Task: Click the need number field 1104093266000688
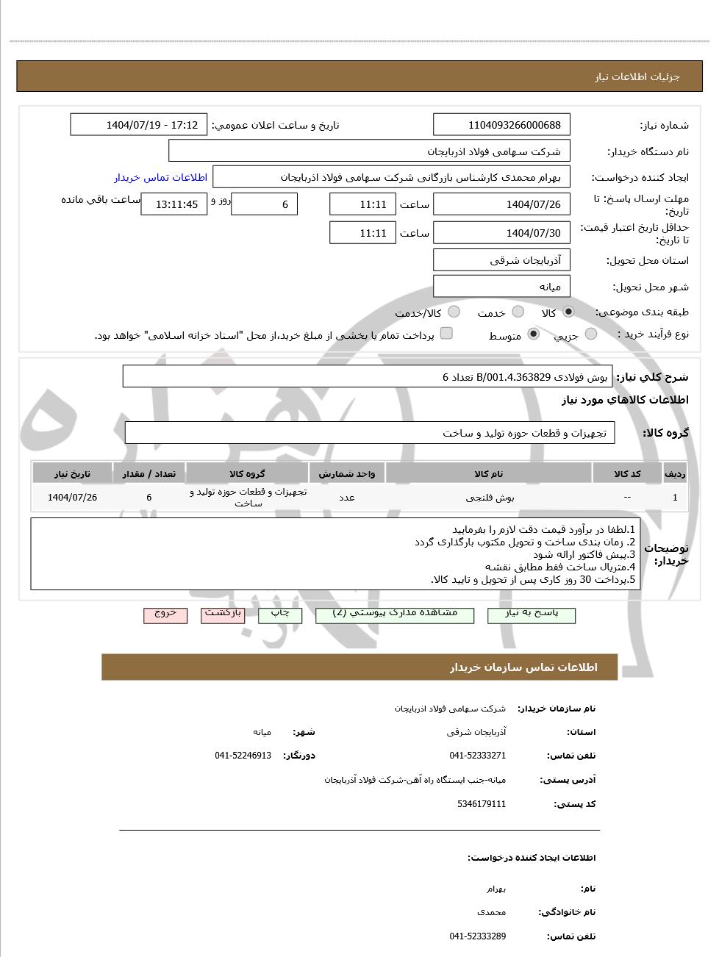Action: tap(501, 125)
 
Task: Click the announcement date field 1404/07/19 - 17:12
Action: tap(138, 125)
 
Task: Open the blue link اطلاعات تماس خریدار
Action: tap(160, 177)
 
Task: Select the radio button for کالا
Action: tap(568, 312)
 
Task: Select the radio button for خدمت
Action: tap(518, 312)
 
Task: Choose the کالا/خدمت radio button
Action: tap(454, 312)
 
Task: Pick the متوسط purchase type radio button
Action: tap(534, 334)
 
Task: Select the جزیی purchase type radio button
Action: tap(590, 334)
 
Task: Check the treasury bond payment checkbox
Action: tap(446, 334)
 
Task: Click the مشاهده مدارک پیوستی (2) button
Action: tap(395, 614)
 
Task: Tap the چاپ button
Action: tap(280, 614)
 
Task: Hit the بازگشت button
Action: tap(223, 614)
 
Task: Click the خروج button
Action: tap(165, 614)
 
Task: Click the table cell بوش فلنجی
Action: tap(490, 498)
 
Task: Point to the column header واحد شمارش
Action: tap(347, 474)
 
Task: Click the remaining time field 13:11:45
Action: tap(174, 204)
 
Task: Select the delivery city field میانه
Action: tap(501, 287)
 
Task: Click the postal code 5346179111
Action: tap(482, 804)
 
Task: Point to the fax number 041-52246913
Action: tap(243, 756)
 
